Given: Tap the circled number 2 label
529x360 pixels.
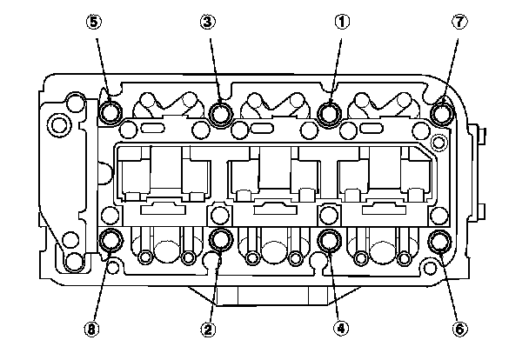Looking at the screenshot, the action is [207, 329].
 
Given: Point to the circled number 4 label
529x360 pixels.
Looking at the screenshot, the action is [342, 329].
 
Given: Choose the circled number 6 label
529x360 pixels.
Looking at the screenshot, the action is [461, 329].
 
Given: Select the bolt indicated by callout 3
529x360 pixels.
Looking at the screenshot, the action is [221, 112].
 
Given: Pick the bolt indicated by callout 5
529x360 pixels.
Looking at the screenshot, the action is [111, 112].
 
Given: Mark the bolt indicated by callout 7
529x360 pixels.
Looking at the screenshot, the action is [442, 112].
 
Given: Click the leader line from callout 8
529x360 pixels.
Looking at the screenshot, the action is [101, 287].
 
